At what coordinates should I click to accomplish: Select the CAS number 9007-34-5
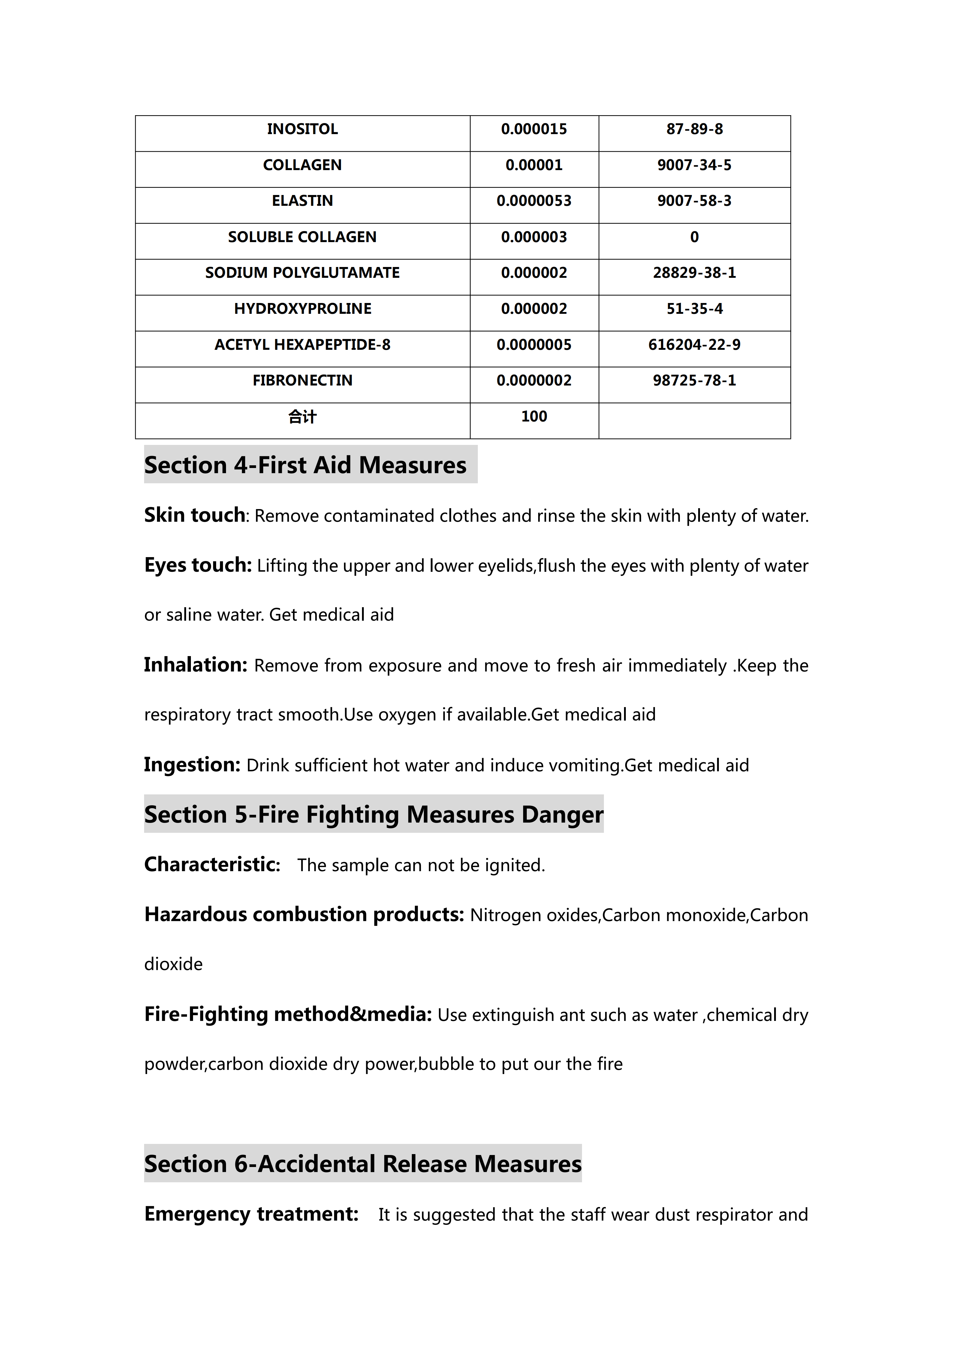click(694, 165)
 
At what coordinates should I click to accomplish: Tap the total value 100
click(534, 416)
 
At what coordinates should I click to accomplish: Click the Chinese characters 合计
click(302, 416)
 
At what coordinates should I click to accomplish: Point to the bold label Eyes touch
click(198, 565)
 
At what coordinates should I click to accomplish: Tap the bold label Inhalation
click(195, 665)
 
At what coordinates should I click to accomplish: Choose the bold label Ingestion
click(192, 764)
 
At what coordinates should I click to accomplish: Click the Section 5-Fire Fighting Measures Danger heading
click(374, 814)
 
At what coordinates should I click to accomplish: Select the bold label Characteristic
click(212, 864)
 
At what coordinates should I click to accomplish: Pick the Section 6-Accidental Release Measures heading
click(363, 1163)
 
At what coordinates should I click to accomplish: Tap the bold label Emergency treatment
click(251, 1213)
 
